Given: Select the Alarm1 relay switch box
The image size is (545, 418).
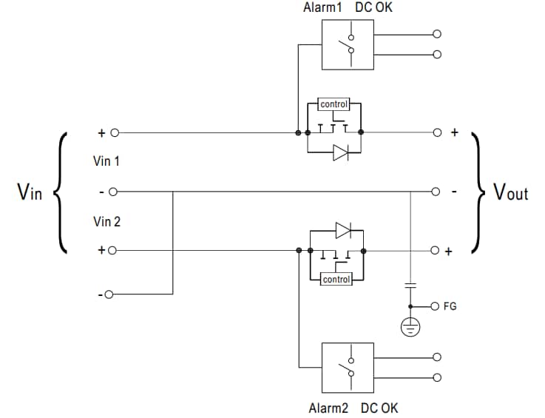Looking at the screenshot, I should (348, 44).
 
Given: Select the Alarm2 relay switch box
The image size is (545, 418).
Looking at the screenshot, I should (348, 367).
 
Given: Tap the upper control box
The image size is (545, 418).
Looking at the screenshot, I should (334, 104).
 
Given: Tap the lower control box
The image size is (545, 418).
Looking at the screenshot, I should (336, 280).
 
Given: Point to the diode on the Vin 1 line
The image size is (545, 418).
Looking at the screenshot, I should (340, 154).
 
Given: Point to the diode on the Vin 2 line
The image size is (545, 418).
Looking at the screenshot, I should (342, 230).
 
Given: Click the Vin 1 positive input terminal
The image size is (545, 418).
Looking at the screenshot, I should (114, 133).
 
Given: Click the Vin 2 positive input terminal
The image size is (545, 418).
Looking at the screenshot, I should (112, 251).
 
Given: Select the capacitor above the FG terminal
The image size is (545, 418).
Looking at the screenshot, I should (410, 286).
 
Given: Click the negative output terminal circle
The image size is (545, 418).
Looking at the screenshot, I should (437, 192).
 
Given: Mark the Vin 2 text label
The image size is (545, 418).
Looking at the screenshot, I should (106, 220).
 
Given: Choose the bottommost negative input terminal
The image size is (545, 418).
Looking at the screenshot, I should (109, 294).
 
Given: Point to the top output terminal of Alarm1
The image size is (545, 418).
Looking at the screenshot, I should (437, 34).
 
